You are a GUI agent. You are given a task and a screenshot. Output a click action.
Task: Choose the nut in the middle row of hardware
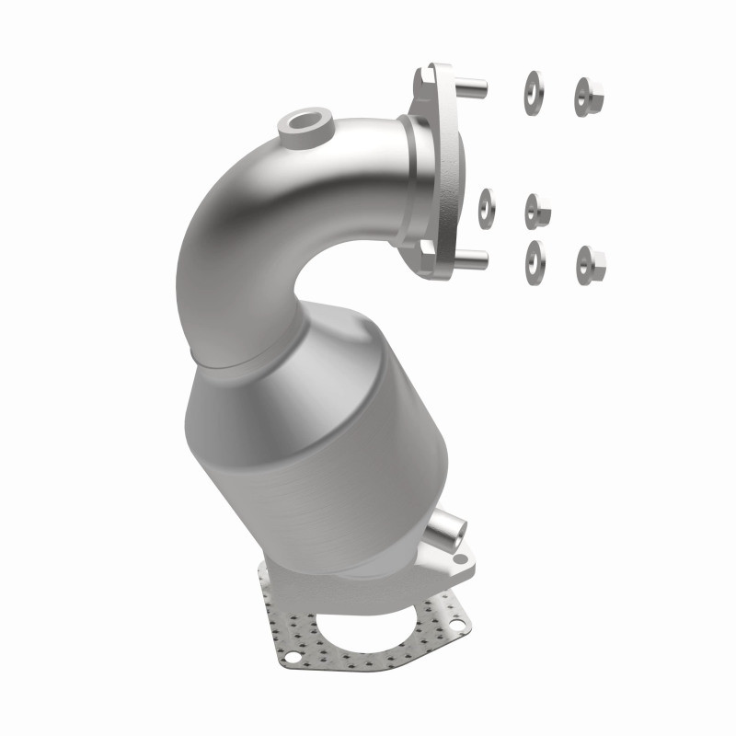pyautogui.click(x=537, y=212)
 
